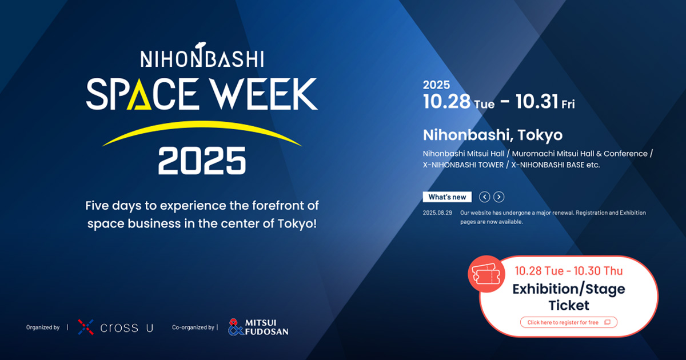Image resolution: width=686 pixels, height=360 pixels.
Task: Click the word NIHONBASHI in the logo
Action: [202, 58]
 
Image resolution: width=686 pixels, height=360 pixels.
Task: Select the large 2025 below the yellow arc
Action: [202, 161]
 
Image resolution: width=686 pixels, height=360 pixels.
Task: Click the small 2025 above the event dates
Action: [436, 85]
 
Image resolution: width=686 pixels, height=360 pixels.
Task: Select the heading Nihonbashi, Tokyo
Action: [492, 135]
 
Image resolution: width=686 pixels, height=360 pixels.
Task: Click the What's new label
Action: [447, 197]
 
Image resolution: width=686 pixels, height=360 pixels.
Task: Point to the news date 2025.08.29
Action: [437, 213]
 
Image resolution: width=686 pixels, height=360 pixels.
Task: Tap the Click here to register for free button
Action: [568, 322]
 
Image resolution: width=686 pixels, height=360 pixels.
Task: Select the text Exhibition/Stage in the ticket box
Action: [568, 289]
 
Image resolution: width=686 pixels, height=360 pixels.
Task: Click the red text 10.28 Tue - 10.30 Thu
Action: [568, 270]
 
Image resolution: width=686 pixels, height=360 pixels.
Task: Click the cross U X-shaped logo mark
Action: [85, 327]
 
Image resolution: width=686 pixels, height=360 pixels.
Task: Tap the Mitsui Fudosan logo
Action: [258, 327]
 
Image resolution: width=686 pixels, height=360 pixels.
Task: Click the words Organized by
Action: [43, 327]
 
